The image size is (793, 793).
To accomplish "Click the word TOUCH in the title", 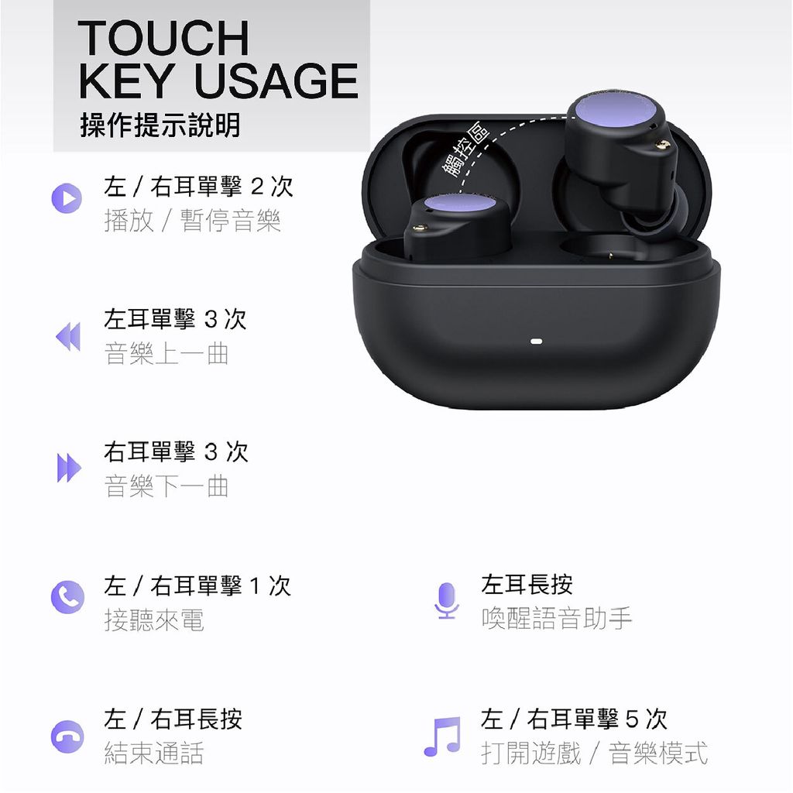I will [163, 37].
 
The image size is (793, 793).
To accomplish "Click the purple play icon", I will [67, 197].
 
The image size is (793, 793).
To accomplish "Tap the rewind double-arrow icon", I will [68, 337].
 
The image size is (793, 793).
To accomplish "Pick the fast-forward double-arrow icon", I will [68, 469].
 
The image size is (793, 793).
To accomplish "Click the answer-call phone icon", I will [67, 597].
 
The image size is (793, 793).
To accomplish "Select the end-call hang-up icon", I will [67, 736].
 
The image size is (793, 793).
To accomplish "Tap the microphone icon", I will [446, 600].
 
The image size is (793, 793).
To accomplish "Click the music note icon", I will [442, 736].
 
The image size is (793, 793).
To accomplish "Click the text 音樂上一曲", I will [166, 355].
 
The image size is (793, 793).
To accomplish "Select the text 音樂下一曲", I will [166, 486].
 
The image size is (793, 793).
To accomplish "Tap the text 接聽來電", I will [154, 620].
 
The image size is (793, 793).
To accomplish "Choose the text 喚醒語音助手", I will [556, 618].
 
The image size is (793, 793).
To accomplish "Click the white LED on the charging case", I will [534, 341].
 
